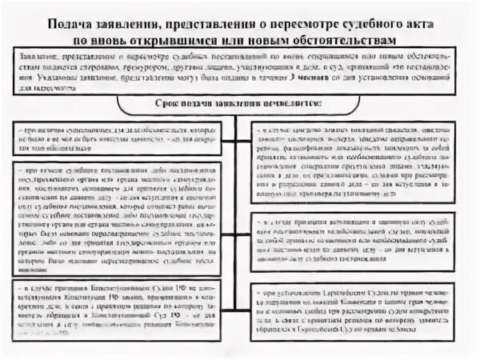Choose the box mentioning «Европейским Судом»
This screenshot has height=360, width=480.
coord(353,307)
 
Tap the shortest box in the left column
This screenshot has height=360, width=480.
coord(118,137)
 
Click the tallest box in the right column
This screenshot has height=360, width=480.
coord(353,160)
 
